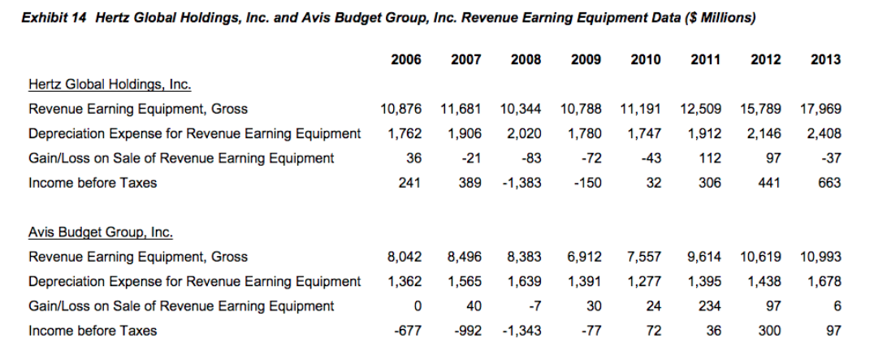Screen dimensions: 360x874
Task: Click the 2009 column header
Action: pyautogui.click(x=586, y=59)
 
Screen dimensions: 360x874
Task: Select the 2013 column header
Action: pyautogui.click(x=825, y=59)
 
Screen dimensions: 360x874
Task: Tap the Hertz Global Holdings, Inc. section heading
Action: pyautogui.click(x=110, y=85)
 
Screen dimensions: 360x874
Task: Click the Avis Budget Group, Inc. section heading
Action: pyautogui.click(x=101, y=233)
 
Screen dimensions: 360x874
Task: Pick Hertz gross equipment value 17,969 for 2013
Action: pyautogui.click(x=820, y=109)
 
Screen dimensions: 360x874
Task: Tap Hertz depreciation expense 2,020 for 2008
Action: pyautogui.click(x=525, y=133)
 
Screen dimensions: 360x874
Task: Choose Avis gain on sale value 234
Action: pyautogui.click(x=711, y=306)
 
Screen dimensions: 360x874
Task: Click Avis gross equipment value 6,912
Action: pyautogui.click(x=585, y=258)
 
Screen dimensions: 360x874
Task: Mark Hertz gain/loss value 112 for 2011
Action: pyautogui.click(x=711, y=158)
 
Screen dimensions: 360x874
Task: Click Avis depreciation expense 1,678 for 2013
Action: pyautogui.click(x=824, y=282)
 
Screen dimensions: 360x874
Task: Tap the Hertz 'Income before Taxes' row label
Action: pyautogui.click(x=93, y=183)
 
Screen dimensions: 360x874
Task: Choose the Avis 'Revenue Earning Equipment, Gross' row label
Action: pyautogui.click(x=138, y=258)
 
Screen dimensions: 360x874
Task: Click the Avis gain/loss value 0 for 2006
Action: pyautogui.click(x=417, y=306)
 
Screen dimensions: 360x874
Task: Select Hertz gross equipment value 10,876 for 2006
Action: pyautogui.click(x=400, y=109)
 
